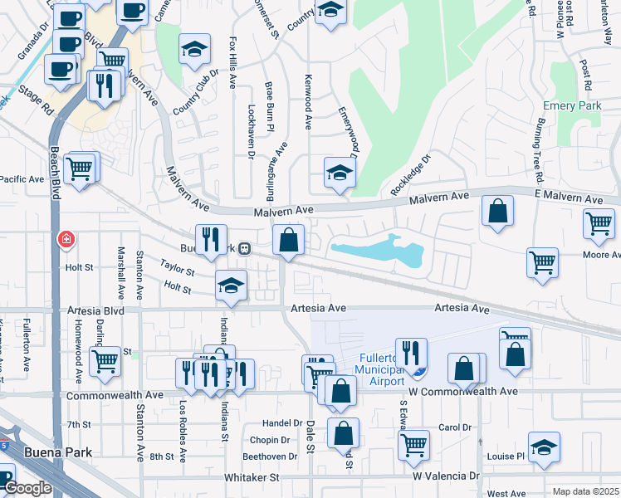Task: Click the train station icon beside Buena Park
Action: pyautogui.click(x=244, y=248)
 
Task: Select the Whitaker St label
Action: pyautogui.click(x=252, y=478)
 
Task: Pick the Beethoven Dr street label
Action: pyautogui.click(x=270, y=456)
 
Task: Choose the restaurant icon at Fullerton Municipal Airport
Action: pyautogui.click(x=410, y=352)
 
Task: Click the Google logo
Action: pyautogui.click(x=27, y=489)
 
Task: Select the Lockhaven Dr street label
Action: pyautogui.click(x=252, y=130)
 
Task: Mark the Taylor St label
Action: pyautogui.click(x=178, y=271)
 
